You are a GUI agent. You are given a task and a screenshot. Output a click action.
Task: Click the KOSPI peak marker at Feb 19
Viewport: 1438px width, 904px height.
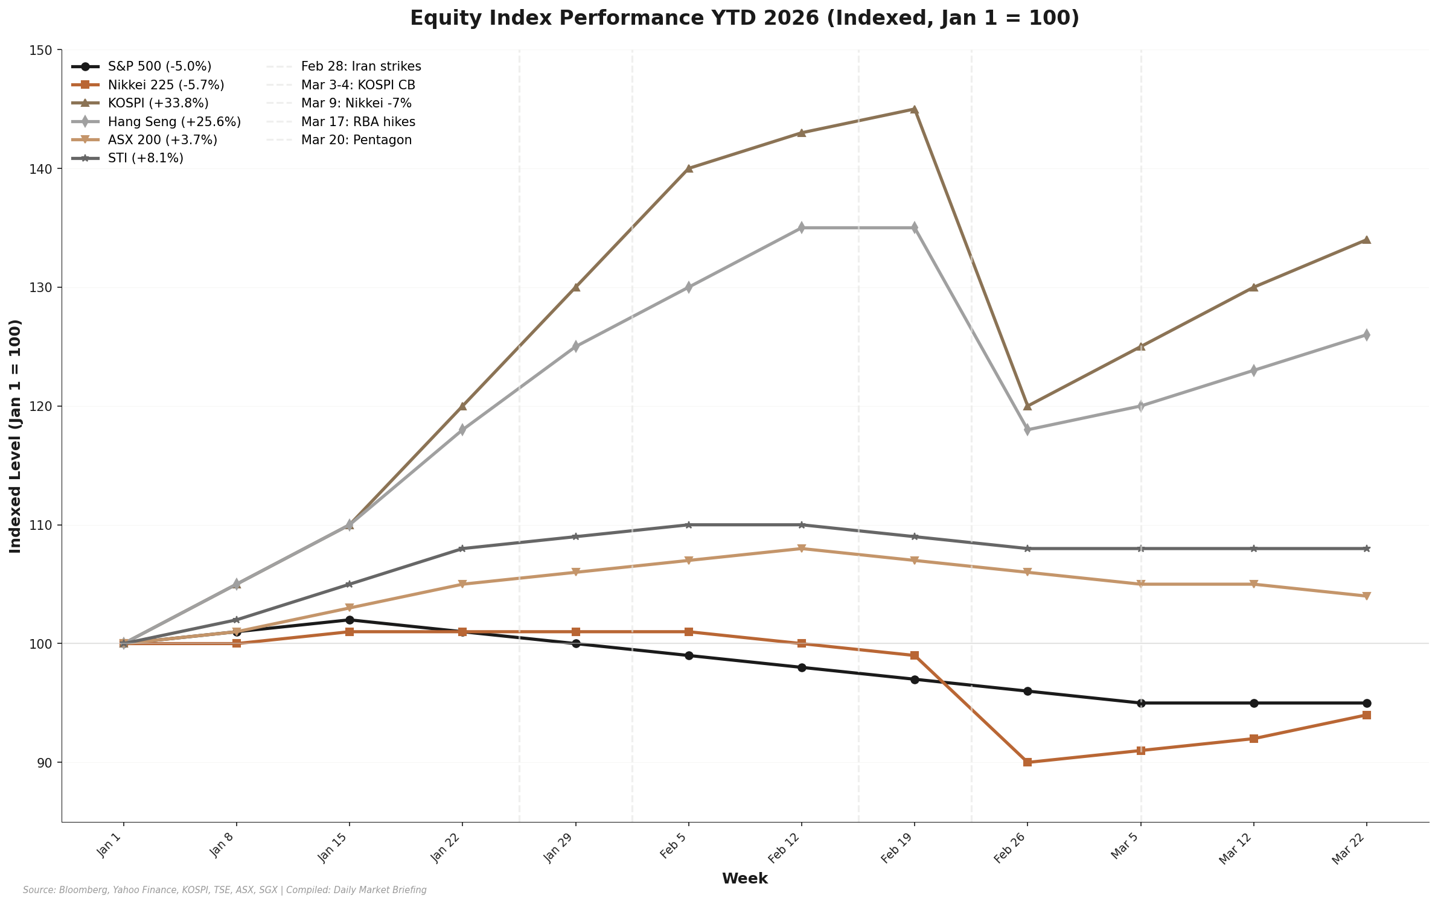point(914,109)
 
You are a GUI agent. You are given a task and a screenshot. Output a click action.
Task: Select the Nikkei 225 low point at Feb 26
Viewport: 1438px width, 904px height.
point(1027,762)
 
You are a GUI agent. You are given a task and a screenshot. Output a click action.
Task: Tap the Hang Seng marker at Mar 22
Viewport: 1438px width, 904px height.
point(1366,335)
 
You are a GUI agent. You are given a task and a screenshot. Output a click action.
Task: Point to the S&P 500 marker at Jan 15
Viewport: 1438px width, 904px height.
point(350,620)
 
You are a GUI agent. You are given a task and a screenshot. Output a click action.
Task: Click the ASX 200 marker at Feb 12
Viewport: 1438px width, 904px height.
point(802,549)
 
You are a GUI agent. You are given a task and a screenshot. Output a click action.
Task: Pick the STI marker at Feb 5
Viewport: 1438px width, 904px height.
point(689,525)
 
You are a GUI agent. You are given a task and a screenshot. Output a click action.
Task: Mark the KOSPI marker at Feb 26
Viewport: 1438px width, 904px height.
point(1027,406)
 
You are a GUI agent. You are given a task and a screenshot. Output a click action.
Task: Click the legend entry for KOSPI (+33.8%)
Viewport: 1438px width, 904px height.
point(158,103)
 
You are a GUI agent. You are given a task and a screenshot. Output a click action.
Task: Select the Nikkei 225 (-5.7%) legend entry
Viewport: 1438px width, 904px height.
point(166,85)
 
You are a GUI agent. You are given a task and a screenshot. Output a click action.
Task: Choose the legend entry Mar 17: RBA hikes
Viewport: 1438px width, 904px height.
point(358,122)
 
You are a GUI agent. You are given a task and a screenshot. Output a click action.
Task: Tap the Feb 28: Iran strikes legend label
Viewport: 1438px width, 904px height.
point(361,66)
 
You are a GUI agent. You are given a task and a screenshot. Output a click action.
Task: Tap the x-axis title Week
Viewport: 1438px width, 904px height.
point(744,879)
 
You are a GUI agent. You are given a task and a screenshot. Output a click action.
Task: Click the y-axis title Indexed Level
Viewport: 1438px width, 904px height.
point(16,436)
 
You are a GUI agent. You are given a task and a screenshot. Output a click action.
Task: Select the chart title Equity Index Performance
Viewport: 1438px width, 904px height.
point(744,18)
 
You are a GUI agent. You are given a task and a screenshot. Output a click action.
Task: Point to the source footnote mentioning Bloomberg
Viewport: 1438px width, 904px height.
point(225,890)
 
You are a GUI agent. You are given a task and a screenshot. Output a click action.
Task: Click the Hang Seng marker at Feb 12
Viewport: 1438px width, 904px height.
point(802,228)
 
